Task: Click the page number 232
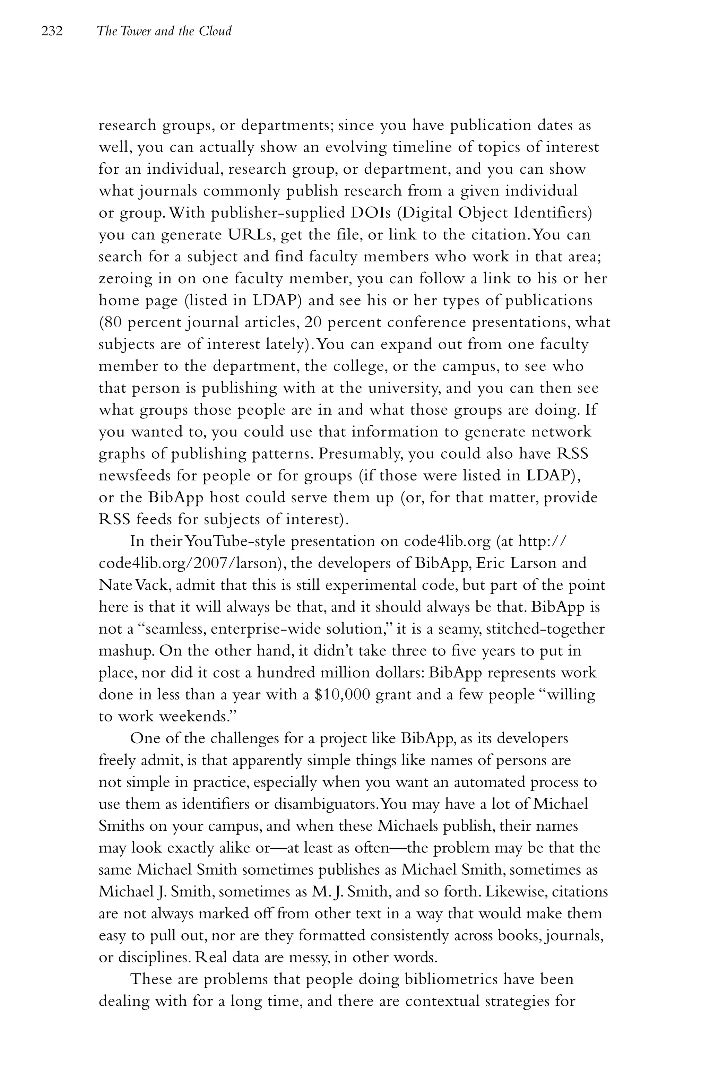[x=52, y=31]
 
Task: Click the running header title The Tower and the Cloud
[x=164, y=31]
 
